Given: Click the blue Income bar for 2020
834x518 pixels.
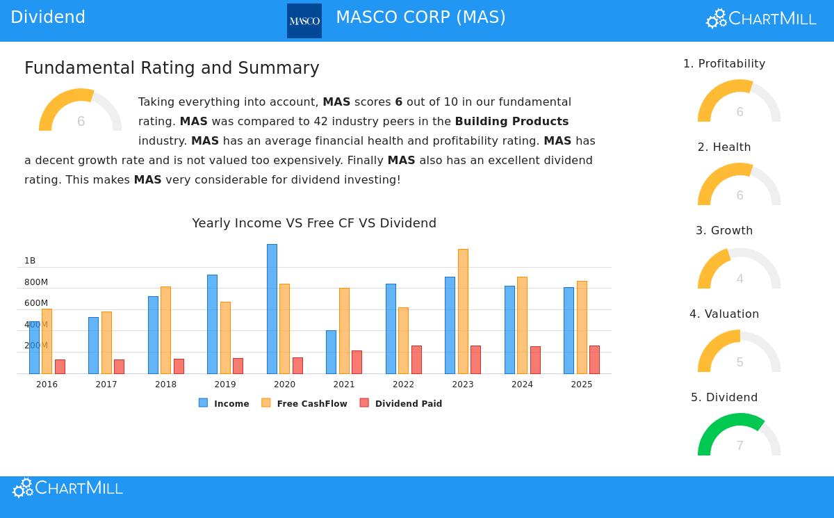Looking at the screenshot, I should click(272, 309).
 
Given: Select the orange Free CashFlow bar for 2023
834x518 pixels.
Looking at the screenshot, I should click(463, 311).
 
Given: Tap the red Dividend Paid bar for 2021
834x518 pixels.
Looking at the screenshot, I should click(357, 362).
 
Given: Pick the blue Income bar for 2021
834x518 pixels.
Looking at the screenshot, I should click(331, 352).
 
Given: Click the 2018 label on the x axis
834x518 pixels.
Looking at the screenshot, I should click(165, 385).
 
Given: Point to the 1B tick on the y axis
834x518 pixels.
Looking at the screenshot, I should click(30, 261).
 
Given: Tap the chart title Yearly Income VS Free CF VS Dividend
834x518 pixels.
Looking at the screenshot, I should click(314, 223).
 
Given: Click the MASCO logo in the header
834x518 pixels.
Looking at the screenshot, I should click(304, 21).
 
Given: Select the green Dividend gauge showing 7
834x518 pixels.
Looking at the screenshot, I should click(739, 435).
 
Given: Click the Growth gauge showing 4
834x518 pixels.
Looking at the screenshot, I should click(739, 268).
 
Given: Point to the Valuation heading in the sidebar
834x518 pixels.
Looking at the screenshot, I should click(724, 314).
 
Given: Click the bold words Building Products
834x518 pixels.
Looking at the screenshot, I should click(512, 121).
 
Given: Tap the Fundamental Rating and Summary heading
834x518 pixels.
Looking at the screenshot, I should click(172, 68).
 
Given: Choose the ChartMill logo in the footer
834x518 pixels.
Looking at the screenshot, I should click(68, 488).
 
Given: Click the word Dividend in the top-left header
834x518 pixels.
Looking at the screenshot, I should click(48, 17).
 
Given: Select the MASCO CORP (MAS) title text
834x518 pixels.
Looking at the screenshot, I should click(420, 17).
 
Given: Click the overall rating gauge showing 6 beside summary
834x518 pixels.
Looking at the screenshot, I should click(81, 111).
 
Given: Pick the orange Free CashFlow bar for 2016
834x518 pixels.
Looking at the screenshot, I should click(47, 341).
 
